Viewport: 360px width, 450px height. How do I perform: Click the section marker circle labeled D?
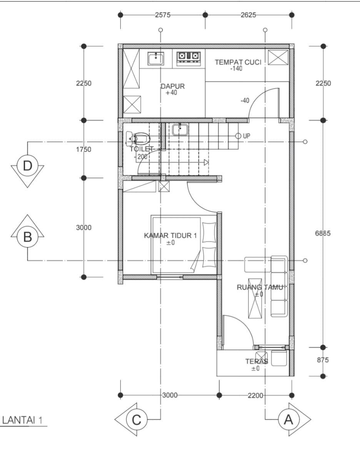pos(28,166)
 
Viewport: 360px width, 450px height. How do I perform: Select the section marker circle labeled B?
pos(28,237)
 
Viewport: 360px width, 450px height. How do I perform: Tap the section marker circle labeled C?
pos(137,420)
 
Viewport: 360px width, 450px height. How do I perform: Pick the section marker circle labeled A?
pos(288,420)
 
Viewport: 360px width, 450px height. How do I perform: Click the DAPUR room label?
pos(172,86)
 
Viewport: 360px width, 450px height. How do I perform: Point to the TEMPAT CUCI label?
pos(238,62)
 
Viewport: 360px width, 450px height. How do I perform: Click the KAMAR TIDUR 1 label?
pos(170,236)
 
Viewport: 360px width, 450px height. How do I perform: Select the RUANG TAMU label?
pos(260,287)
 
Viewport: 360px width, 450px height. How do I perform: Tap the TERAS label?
pos(257,361)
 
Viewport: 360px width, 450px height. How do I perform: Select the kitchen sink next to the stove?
pos(156,59)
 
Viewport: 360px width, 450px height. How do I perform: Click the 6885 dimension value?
pos(323,233)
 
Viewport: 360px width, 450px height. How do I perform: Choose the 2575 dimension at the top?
pos(163,15)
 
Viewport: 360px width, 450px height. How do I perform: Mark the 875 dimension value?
pos(323,360)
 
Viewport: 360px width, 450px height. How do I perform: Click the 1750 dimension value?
pos(84,149)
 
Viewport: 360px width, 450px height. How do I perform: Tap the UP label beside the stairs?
pos(247,136)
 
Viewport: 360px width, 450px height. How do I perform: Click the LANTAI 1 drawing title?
pos(22,420)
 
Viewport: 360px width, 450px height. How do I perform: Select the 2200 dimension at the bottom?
pos(255,395)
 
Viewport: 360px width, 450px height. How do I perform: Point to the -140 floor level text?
pos(237,69)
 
